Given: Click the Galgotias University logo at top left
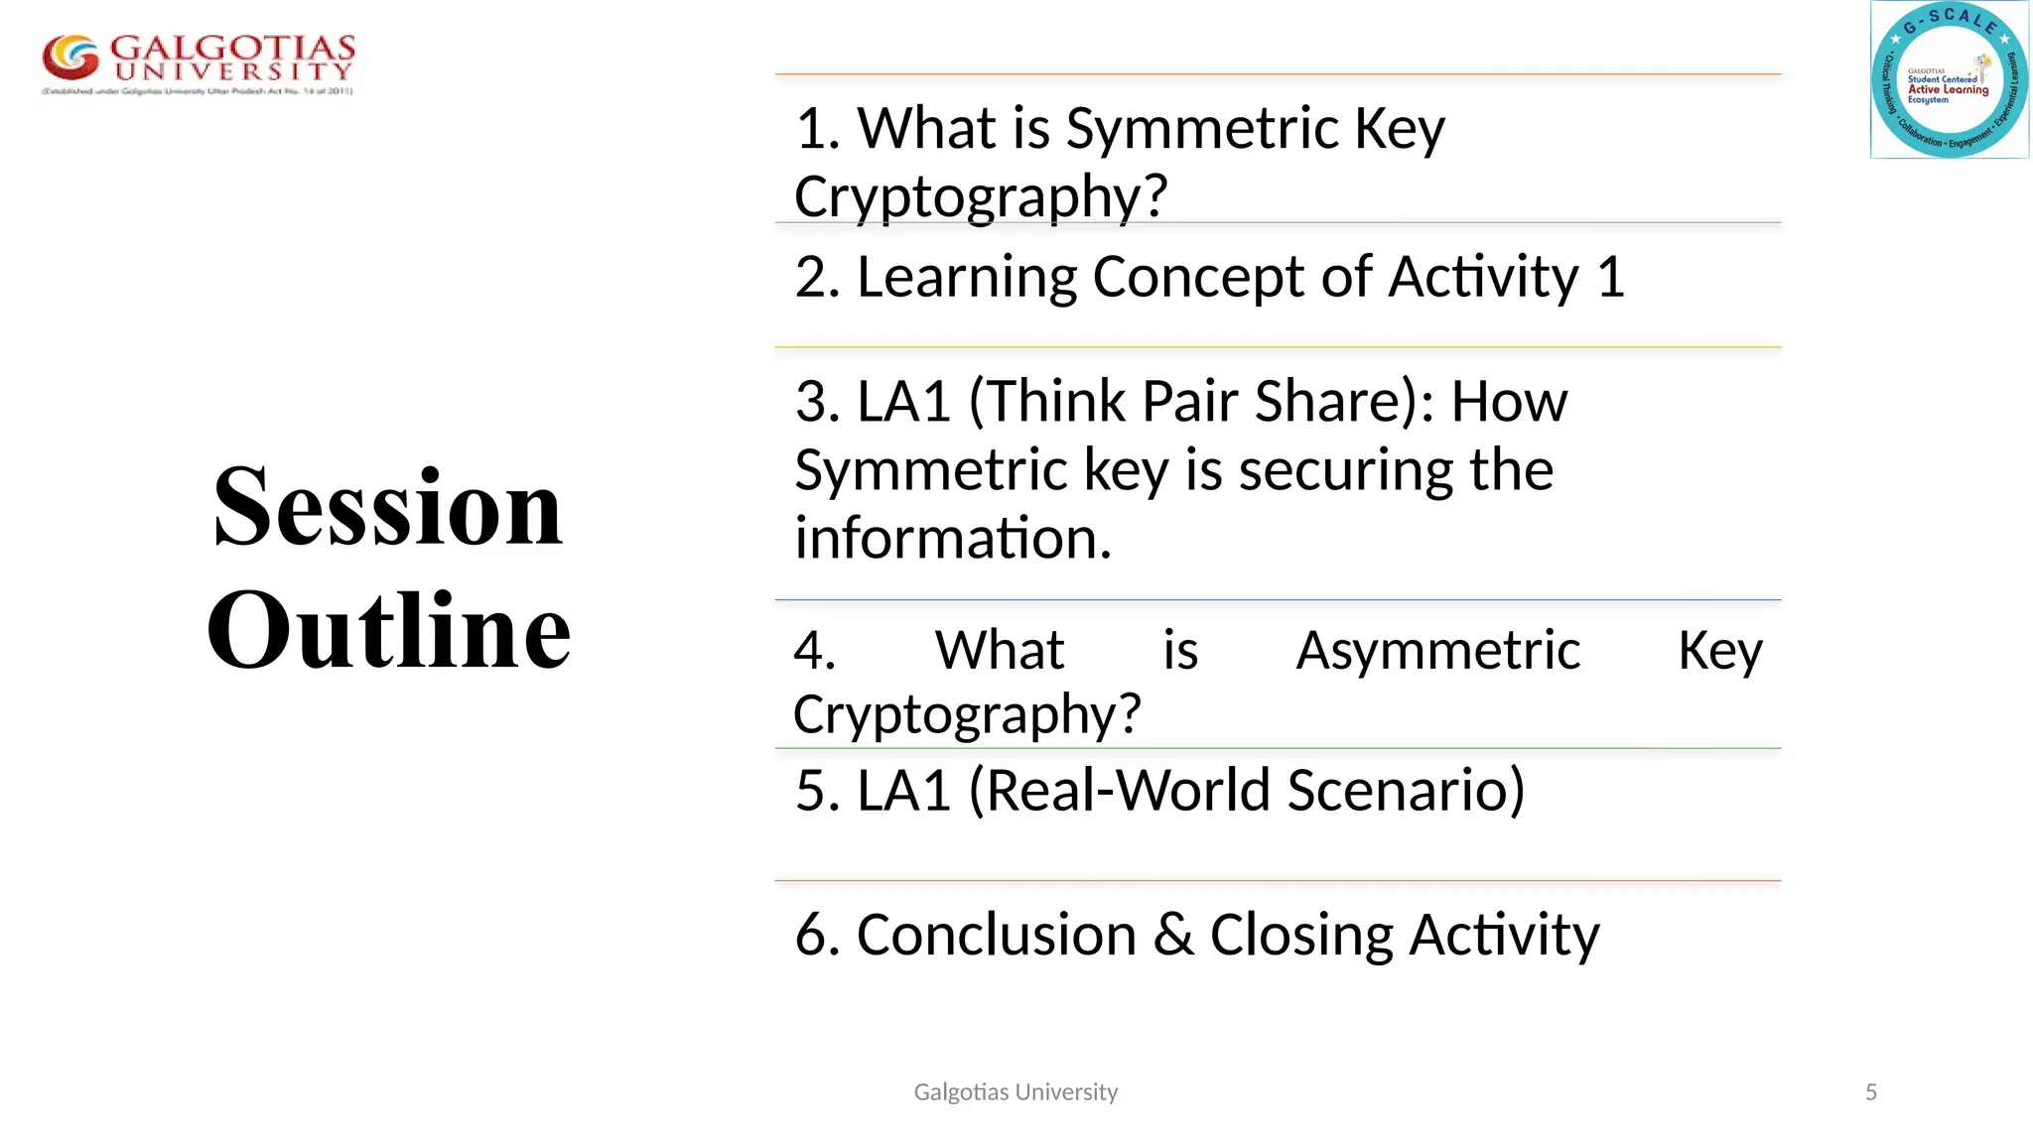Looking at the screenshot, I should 198,63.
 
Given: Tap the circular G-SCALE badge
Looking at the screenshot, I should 1950,80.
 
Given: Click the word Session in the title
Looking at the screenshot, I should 387,507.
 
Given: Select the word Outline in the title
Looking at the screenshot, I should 388,630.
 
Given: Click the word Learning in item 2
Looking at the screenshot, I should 966,278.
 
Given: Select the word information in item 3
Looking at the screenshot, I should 952,538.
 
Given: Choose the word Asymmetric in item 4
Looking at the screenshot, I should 1437,651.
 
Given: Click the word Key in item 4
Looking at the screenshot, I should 1719,652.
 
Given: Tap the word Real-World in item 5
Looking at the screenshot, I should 1129,791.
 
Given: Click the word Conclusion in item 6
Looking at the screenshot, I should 996,935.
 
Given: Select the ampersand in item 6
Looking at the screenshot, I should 1173,935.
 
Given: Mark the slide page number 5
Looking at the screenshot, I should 1871,1092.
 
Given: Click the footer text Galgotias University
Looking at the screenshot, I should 1016,1092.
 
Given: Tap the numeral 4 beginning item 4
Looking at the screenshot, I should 814,651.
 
